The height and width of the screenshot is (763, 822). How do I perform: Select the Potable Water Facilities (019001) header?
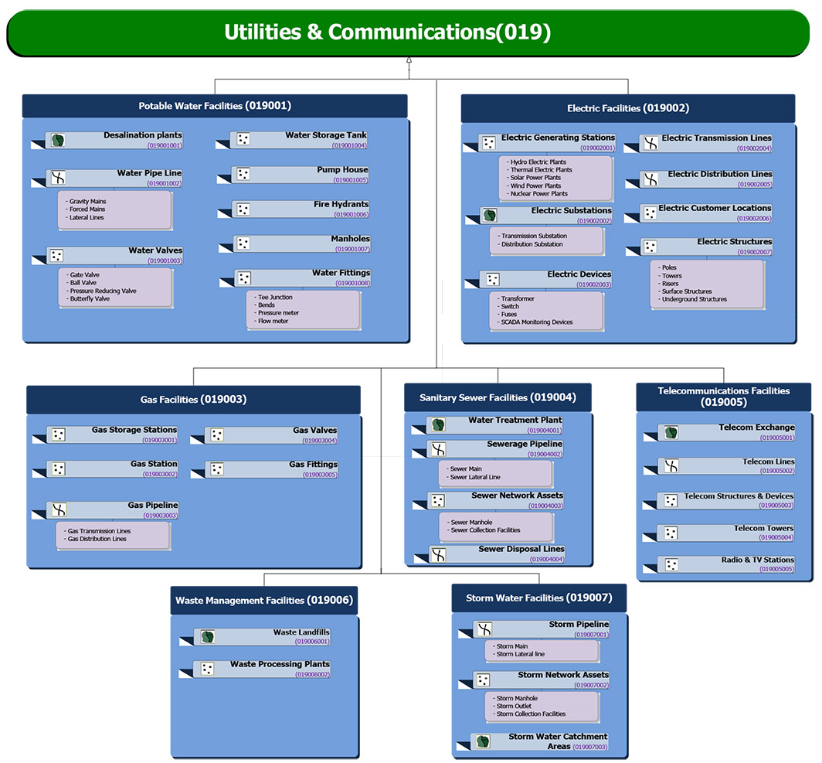pos(215,106)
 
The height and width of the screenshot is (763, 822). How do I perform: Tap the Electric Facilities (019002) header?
pos(627,108)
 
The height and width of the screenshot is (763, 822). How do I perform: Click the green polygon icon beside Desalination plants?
pos(57,141)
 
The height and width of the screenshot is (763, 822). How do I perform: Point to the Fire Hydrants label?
pos(341,205)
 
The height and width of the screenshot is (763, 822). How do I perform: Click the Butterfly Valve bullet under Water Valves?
pos(90,298)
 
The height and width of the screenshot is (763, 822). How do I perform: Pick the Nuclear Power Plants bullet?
pos(538,194)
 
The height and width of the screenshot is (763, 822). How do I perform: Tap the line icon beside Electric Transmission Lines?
pos(651,143)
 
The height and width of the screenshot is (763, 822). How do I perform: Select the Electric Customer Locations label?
pos(715,208)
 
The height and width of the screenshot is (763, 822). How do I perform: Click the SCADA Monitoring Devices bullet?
pos(536,322)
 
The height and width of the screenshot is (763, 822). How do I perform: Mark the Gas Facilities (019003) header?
pos(193,400)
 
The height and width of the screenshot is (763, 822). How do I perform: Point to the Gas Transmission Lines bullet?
pos(99,531)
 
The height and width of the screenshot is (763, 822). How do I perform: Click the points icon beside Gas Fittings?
pos(216,469)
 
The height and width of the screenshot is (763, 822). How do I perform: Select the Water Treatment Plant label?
pos(515,421)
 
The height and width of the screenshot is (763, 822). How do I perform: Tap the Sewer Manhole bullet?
pos(471,522)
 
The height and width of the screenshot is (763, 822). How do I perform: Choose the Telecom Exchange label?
pos(756,427)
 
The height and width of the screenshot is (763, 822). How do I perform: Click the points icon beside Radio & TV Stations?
pos(671,565)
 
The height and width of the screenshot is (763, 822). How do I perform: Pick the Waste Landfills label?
pos(301,632)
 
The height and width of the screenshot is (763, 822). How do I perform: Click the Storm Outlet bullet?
pos(515,706)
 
